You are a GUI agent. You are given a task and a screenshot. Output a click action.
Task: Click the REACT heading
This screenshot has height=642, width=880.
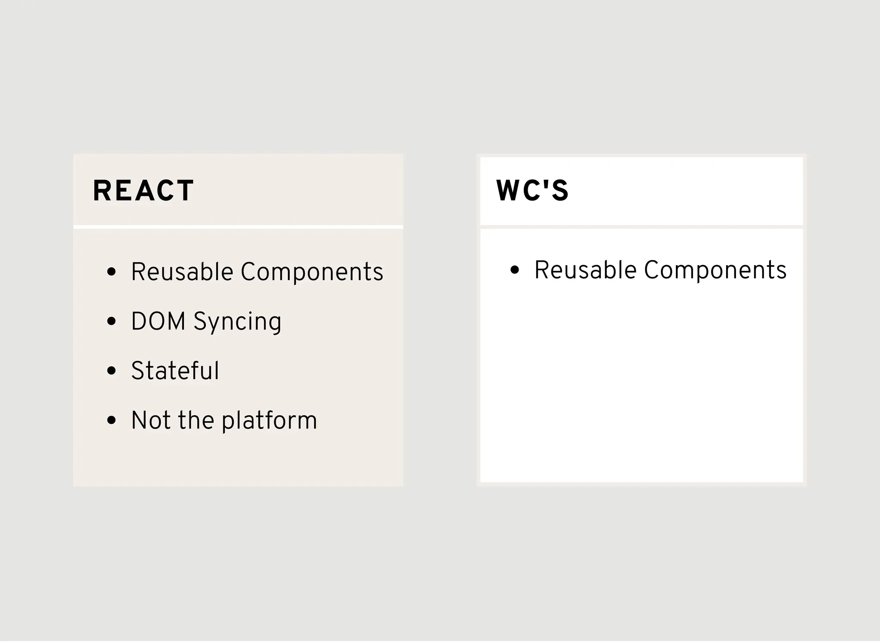point(143,191)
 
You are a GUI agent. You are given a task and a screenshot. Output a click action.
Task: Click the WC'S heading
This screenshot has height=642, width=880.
point(532,191)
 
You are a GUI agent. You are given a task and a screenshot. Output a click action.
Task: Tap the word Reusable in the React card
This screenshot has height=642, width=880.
point(182,272)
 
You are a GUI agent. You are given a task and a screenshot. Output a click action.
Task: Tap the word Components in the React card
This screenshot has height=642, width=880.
point(312,272)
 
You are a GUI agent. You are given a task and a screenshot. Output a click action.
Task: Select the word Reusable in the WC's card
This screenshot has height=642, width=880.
point(585,270)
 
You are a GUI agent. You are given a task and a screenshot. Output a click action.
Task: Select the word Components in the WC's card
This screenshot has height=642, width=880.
point(715,270)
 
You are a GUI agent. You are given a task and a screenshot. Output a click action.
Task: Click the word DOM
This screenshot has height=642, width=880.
point(158,321)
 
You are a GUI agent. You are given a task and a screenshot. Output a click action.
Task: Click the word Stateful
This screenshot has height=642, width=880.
point(175,371)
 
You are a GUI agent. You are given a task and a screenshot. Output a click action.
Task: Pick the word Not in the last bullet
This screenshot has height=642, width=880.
point(151,420)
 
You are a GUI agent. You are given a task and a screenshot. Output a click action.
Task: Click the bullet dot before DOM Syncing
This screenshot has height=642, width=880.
point(112,321)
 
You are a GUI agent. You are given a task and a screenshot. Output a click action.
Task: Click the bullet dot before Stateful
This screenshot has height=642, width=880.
point(112,371)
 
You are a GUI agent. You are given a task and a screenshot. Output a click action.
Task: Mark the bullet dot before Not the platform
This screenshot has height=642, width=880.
point(112,420)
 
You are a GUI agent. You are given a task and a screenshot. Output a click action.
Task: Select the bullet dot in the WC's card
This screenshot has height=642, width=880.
point(515,270)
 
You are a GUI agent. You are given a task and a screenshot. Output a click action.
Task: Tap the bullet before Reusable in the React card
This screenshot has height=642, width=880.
point(112,272)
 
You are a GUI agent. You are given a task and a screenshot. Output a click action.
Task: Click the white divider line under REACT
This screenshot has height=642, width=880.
point(238,227)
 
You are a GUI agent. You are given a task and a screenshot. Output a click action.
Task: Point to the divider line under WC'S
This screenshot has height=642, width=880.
point(641,227)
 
